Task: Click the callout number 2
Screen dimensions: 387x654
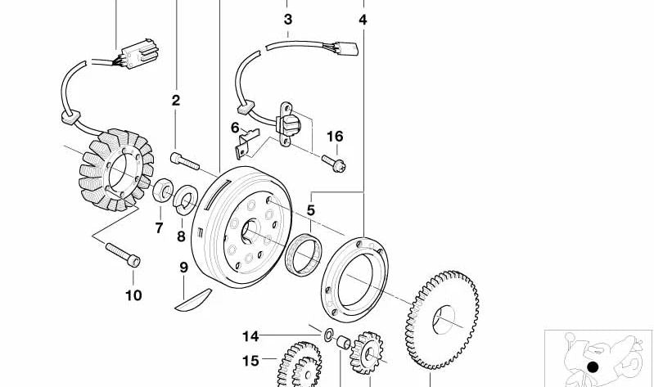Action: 175,101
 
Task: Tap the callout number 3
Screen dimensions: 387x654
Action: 287,19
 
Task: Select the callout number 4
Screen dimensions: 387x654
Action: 363,19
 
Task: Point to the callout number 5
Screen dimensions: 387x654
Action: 311,210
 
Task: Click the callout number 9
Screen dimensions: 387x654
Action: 183,268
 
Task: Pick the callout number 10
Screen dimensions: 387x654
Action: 133,295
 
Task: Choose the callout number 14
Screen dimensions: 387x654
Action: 250,335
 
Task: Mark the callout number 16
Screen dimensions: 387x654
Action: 335,137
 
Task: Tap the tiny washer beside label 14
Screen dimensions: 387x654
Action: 327,334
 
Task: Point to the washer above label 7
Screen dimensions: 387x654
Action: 162,193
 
